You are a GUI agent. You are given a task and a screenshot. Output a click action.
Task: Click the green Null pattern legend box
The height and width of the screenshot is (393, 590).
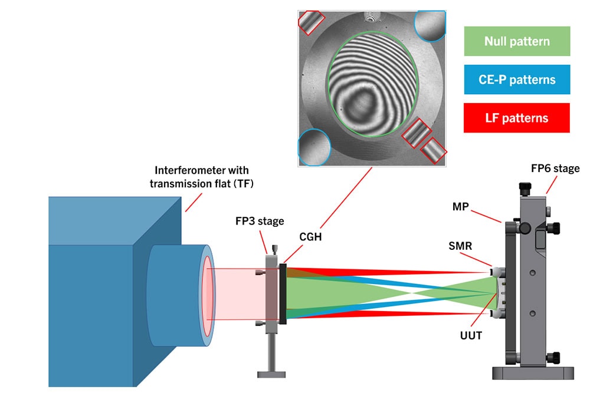(x=517, y=41)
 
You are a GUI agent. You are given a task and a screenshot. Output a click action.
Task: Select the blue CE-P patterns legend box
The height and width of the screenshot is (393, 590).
(x=517, y=80)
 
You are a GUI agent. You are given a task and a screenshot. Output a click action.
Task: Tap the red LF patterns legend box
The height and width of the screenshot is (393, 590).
(x=517, y=118)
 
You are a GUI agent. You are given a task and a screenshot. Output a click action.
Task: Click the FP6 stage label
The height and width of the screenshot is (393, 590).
(x=555, y=169)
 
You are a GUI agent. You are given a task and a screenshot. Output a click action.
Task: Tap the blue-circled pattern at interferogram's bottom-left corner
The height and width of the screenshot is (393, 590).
(x=314, y=147)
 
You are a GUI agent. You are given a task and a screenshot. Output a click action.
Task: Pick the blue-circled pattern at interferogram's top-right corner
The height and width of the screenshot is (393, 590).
(x=430, y=25)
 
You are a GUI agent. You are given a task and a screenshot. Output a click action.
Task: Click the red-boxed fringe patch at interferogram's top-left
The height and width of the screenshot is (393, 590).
(x=310, y=22)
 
